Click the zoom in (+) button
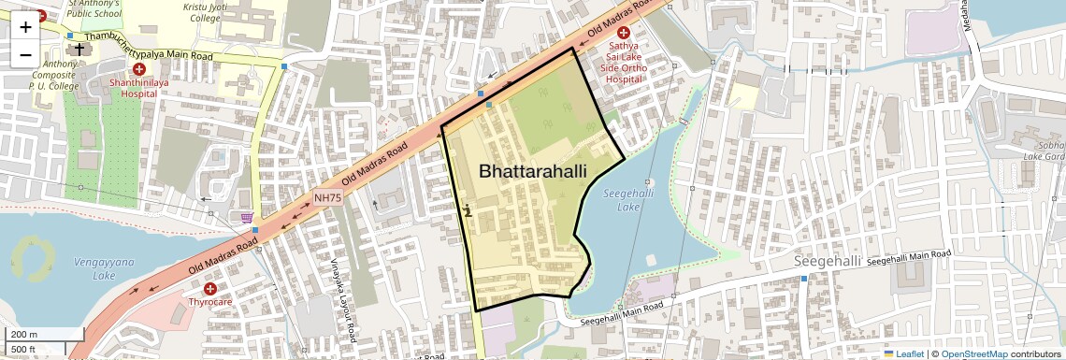point(25,27)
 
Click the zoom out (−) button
point(25,55)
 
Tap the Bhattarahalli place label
point(532,172)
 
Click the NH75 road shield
point(327,197)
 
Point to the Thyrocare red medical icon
point(209,289)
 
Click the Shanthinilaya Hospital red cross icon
point(139,69)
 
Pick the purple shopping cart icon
point(247,217)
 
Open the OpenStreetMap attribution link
point(973,353)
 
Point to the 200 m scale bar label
point(24,335)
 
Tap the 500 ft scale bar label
point(23,350)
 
